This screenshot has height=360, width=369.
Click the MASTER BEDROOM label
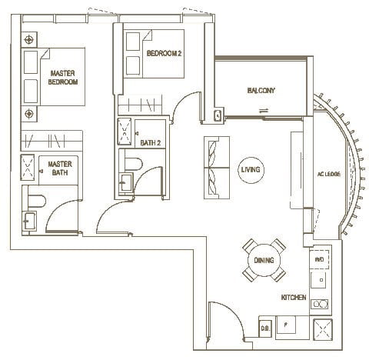(x=64, y=77)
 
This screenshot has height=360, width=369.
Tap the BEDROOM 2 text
(x=163, y=53)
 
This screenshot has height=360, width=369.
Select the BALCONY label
(x=261, y=91)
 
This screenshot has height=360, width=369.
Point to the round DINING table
(x=264, y=260)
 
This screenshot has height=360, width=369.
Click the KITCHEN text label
(x=294, y=297)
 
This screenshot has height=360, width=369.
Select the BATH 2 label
(x=149, y=142)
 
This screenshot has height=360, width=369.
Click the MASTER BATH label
(x=59, y=168)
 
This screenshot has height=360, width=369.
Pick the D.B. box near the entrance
(x=265, y=326)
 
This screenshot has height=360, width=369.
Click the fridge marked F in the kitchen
(x=288, y=326)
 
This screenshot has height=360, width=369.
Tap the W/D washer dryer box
(x=319, y=260)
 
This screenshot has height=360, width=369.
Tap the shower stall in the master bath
(x=28, y=166)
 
